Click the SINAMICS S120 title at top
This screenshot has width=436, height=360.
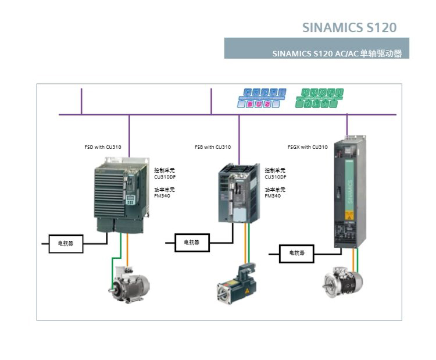[x=349, y=27]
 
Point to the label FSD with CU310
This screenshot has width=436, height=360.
[x=103, y=147]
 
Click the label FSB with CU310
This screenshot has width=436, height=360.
[x=213, y=147]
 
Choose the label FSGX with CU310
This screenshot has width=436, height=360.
[x=308, y=147]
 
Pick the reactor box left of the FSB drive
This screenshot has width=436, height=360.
[x=191, y=243]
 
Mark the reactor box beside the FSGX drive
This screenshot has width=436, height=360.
[x=296, y=254]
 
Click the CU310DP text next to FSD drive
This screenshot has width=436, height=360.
[x=165, y=177]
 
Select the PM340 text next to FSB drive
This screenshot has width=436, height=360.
[x=273, y=196]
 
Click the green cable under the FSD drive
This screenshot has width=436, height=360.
[x=120, y=250]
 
